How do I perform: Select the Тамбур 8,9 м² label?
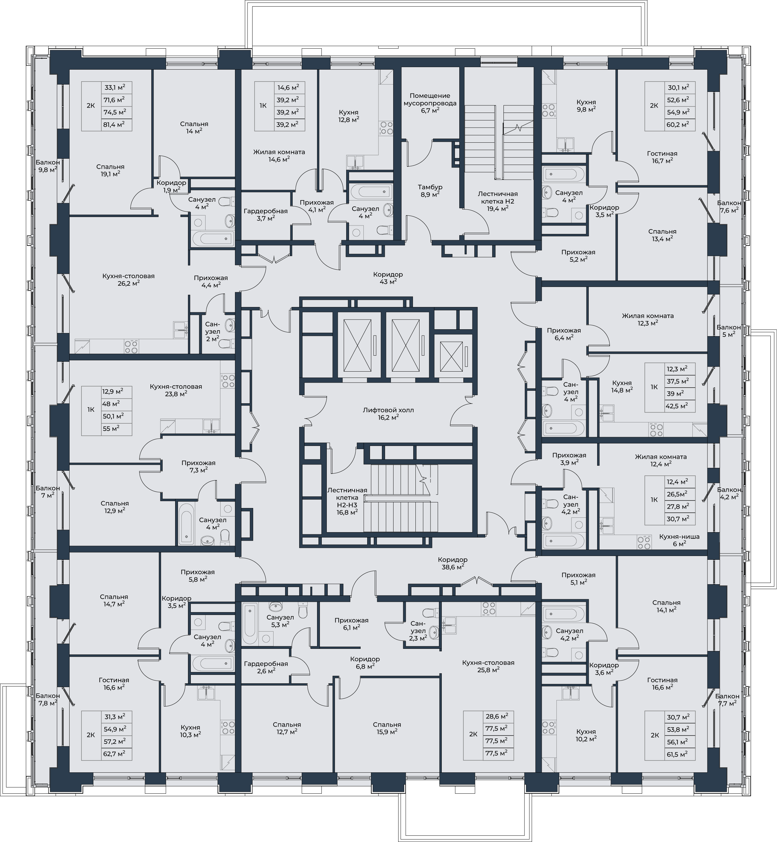click(430, 191)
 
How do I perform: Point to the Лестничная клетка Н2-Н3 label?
click(347, 501)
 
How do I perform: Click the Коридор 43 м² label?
click(388, 278)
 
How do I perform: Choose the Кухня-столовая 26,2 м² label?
click(128, 280)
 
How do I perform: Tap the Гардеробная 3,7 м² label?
click(265, 214)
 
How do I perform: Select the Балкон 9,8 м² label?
click(48, 166)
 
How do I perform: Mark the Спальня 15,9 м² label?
click(387, 728)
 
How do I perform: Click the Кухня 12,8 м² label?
click(349, 116)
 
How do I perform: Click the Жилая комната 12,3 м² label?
click(648, 319)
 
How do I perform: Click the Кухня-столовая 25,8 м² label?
click(488, 666)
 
